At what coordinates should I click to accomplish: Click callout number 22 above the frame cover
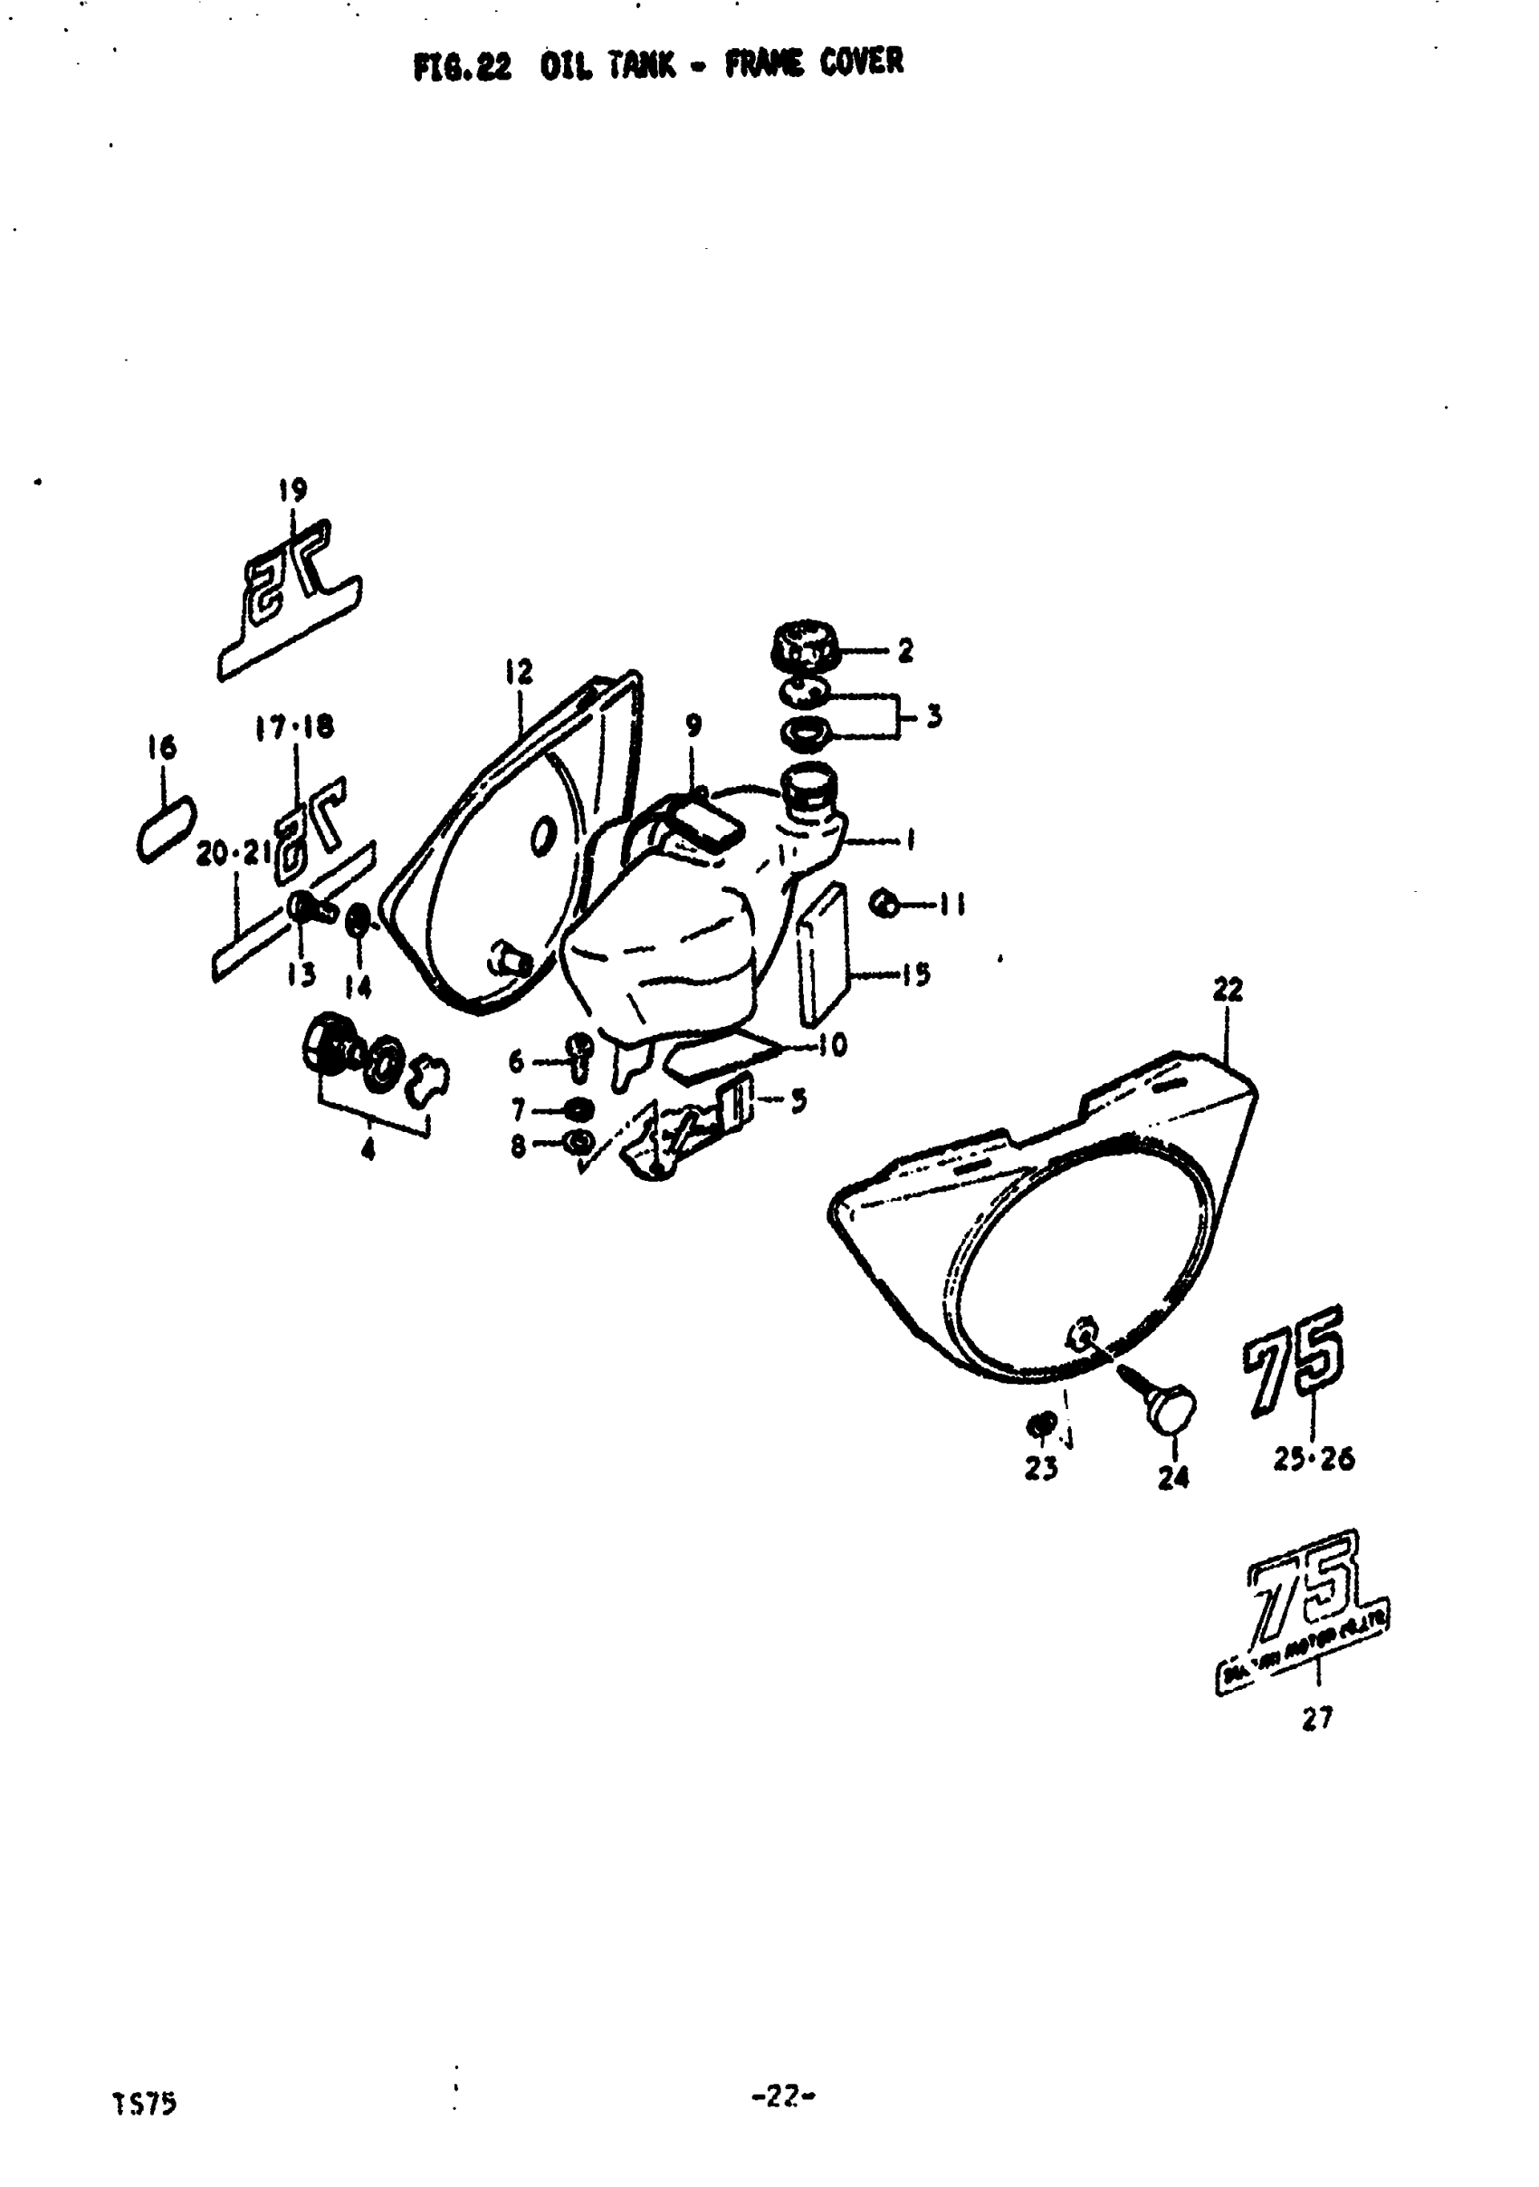1228,991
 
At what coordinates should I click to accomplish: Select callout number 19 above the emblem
292,491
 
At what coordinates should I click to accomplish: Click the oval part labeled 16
166,830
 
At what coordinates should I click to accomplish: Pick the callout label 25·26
1314,1458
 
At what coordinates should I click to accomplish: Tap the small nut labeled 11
885,902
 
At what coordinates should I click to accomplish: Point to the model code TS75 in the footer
144,2102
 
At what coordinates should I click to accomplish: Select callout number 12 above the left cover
519,673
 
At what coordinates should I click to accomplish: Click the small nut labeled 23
1041,1425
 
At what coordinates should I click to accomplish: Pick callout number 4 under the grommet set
368,1151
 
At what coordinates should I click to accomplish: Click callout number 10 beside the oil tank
831,1046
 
